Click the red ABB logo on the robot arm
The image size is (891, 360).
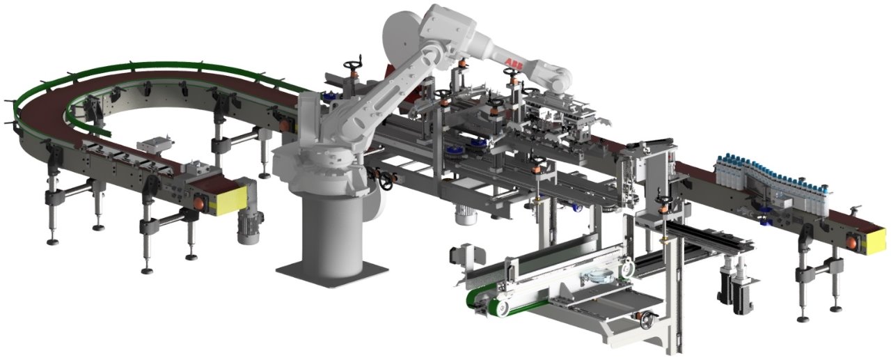click(x=514, y=63)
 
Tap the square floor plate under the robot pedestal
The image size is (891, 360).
click(x=332, y=272)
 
